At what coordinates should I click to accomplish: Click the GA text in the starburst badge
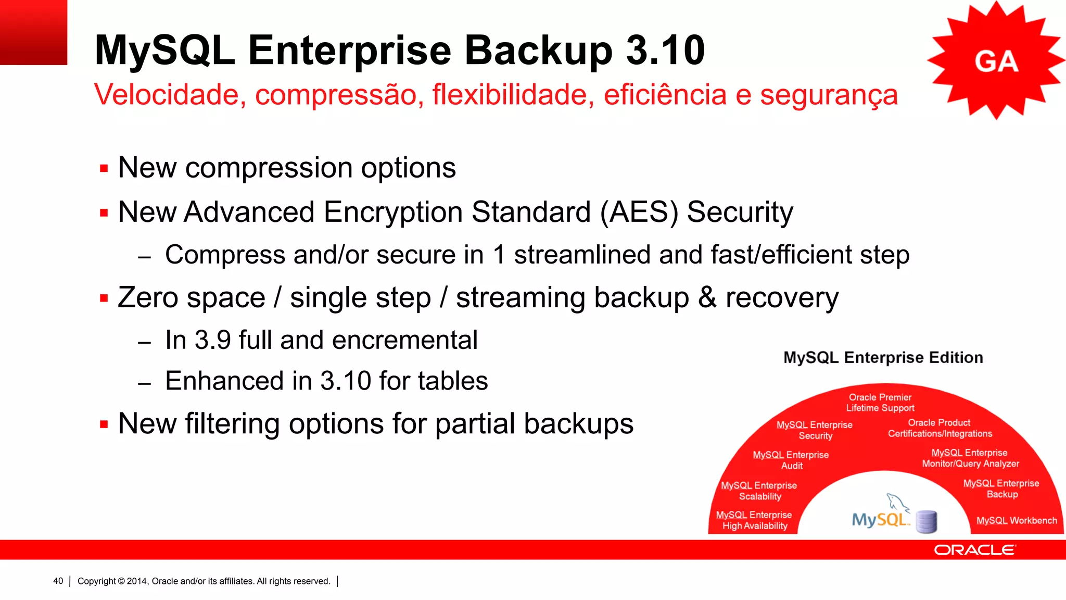tap(996, 61)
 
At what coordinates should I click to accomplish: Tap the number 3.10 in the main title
tap(665, 51)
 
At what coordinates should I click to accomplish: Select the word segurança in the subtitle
tap(829, 96)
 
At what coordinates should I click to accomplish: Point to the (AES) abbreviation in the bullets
tap(639, 213)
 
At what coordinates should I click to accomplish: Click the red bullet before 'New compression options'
tap(104, 169)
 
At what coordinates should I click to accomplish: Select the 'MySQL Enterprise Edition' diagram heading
tap(883, 358)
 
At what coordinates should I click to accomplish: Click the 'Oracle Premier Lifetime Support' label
tap(880, 403)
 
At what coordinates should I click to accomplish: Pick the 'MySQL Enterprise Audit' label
tap(791, 460)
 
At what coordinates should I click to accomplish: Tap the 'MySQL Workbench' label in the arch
tap(1016, 520)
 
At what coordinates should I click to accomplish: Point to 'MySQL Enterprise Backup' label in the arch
tap(1001, 489)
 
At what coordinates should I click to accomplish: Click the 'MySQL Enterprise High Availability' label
tap(754, 520)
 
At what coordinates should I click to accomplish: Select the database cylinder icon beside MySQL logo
tap(926, 521)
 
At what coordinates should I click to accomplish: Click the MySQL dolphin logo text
tap(880, 519)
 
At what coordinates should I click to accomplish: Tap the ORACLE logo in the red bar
tap(974, 550)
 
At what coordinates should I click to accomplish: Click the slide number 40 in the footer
tap(58, 581)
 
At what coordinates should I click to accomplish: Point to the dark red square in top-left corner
tap(33, 32)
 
